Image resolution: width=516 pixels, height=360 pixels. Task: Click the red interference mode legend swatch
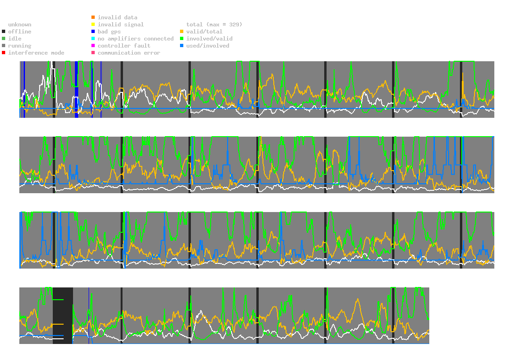click(x=3, y=53)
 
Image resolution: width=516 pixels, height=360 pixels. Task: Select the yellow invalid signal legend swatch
click(x=93, y=25)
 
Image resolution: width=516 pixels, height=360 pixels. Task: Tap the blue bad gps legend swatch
click(x=93, y=32)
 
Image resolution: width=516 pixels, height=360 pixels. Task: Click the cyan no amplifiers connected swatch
click(x=93, y=39)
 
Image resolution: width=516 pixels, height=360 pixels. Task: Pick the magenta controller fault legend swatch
click(x=93, y=46)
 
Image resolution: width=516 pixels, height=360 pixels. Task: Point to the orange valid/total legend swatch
click(x=182, y=32)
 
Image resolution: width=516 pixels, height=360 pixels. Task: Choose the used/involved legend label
click(x=208, y=46)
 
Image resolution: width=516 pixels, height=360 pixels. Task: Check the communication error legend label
click(x=129, y=53)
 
